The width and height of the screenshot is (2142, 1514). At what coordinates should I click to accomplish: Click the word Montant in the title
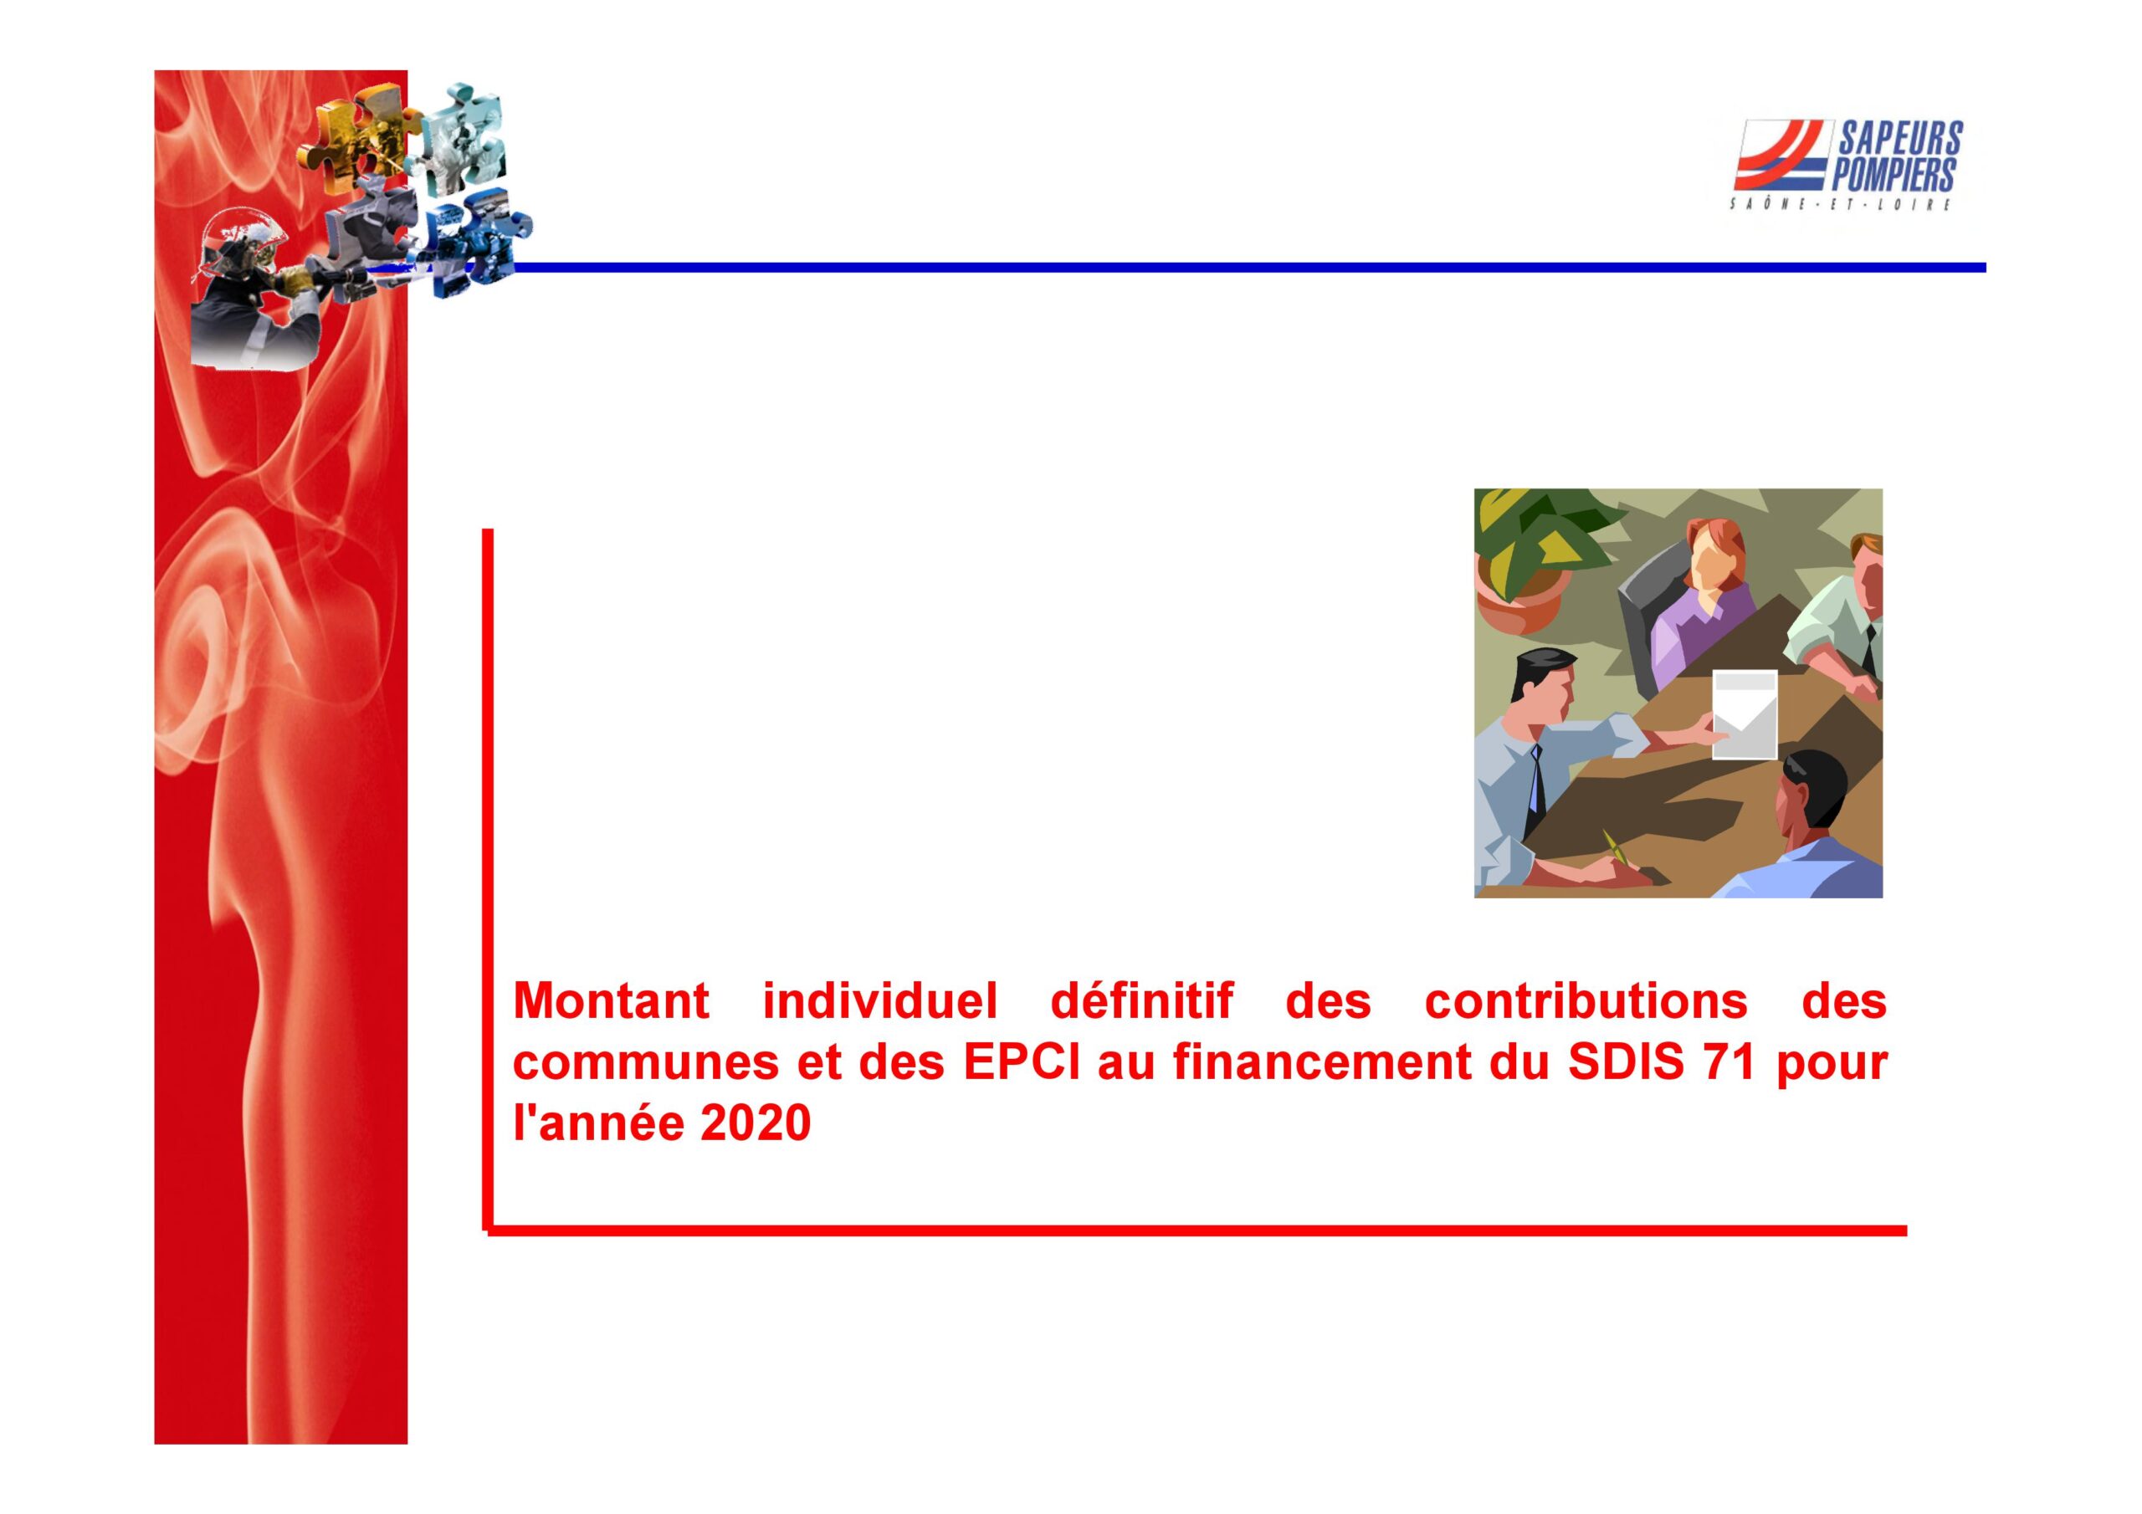click(611, 1001)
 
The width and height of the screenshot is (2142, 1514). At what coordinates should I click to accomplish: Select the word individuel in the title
click(879, 1001)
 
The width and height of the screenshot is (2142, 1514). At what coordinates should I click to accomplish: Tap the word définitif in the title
click(1141, 1001)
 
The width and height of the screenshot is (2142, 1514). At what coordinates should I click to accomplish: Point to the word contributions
click(1586, 1001)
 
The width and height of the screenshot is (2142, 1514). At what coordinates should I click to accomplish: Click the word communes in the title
click(646, 1063)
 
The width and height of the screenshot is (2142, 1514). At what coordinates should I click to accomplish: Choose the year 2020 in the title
click(756, 1123)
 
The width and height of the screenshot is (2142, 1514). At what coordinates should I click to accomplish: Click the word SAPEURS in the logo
click(1900, 139)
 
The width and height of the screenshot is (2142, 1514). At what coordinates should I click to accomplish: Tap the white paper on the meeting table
click(1745, 714)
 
